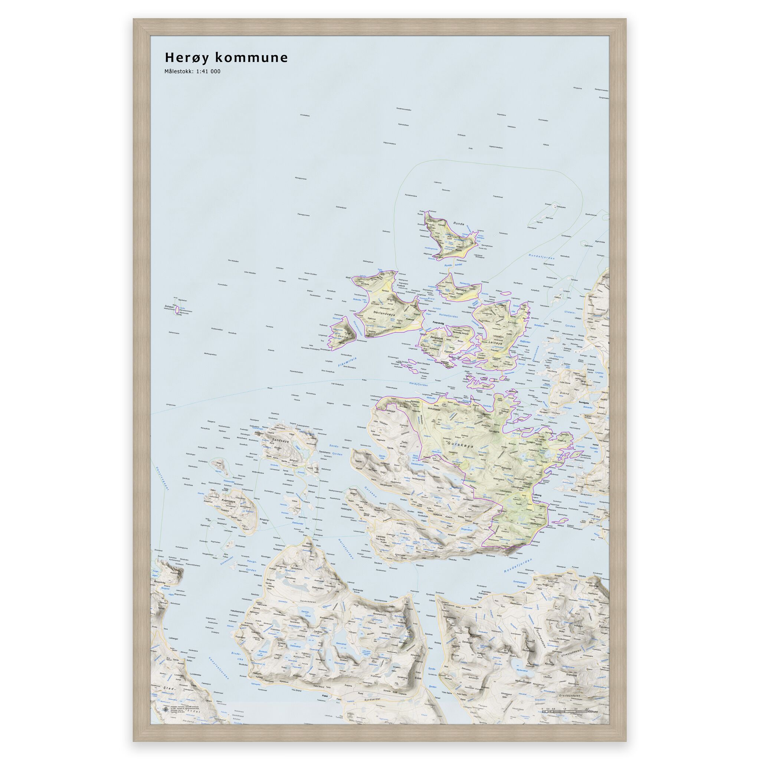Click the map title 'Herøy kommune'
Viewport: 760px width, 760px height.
(x=226, y=58)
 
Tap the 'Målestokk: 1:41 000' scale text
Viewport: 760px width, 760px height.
(x=192, y=72)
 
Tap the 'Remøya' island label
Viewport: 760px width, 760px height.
(x=460, y=289)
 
